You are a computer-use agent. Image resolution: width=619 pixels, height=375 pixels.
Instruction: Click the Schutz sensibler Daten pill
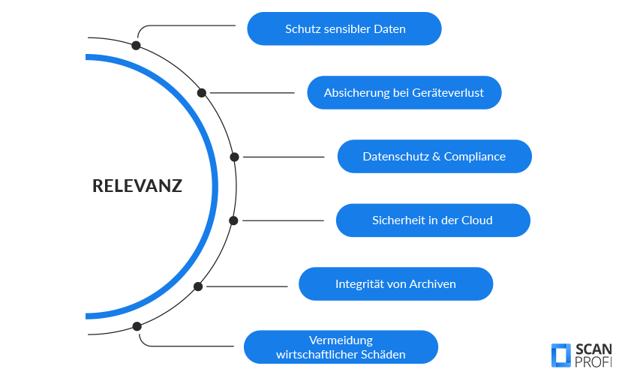tap(344, 29)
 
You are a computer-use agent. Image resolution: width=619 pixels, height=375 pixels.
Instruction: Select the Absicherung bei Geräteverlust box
tap(404, 93)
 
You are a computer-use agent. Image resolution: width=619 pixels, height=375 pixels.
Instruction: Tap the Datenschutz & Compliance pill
tap(434, 157)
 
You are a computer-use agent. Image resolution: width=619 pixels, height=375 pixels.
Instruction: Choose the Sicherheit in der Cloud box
tap(432, 220)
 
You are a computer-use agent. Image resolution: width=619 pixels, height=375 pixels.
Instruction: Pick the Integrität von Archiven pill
tap(395, 284)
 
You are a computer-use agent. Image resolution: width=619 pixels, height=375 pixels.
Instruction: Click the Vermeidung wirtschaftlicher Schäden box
tap(341, 347)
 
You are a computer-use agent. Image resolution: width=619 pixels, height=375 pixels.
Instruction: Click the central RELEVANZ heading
tap(137, 186)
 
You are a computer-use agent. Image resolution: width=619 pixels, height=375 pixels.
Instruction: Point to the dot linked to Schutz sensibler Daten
tap(136, 45)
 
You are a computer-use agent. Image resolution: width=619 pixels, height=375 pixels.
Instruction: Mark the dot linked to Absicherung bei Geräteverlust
tap(202, 93)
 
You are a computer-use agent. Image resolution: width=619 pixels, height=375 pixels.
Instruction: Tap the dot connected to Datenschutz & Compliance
tap(234, 157)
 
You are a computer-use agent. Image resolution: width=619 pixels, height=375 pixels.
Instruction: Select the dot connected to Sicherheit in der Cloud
tap(233, 220)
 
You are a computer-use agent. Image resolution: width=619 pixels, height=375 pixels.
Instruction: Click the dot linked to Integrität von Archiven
tap(198, 286)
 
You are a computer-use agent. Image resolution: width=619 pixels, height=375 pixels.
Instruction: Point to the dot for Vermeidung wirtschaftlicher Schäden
tap(137, 326)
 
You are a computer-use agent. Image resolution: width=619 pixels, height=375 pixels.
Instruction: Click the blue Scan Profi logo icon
tap(560, 355)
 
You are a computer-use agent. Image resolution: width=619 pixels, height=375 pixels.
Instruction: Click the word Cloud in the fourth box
tap(477, 220)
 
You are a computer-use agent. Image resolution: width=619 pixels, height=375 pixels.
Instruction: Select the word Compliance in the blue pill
tap(474, 157)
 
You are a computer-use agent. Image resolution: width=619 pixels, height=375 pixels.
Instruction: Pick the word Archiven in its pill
tap(432, 284)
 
